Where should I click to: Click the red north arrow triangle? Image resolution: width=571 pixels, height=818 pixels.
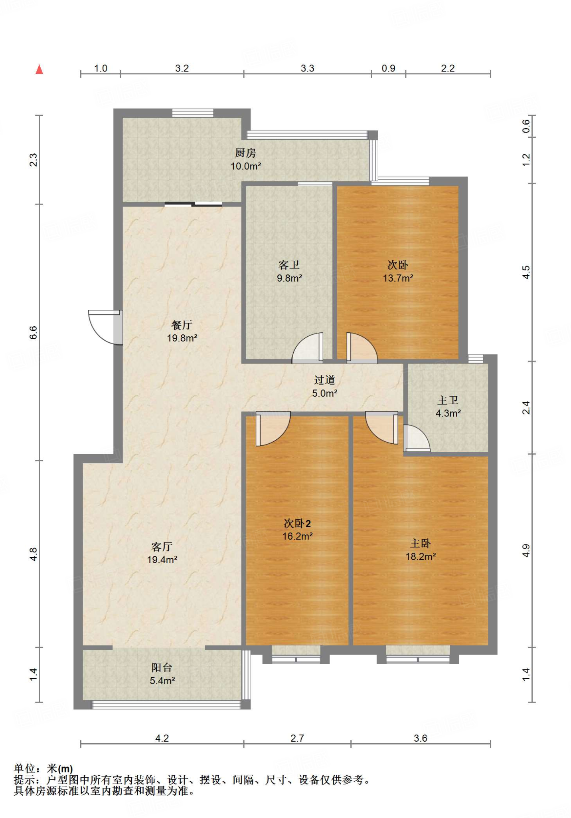point(39,69)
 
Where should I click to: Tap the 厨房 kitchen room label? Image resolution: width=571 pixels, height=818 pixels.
point(245,153)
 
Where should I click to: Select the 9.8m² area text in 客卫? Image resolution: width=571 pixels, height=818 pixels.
point(289,278)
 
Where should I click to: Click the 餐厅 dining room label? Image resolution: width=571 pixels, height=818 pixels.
point(182,325)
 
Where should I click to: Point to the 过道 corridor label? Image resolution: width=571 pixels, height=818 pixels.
point(324,380)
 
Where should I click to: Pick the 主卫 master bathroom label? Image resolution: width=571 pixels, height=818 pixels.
point(448,400)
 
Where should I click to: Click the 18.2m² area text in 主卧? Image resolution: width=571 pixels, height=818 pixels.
point(421,556)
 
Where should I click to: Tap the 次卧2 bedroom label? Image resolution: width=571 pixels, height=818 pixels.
point(297,523)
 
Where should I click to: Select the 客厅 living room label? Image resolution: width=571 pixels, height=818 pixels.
point(162,546)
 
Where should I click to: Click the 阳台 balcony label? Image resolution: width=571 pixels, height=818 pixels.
point(162,667)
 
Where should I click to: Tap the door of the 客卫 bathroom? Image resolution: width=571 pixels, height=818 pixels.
point(308,347)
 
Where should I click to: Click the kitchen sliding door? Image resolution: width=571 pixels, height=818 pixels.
point(194,204)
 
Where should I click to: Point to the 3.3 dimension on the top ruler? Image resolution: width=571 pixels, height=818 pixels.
point(307,68)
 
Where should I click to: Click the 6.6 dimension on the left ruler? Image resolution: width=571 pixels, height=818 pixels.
point(34,332)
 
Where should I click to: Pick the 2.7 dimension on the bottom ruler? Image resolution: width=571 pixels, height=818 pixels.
point(297,738)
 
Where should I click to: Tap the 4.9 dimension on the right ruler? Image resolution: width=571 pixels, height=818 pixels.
point(526,550)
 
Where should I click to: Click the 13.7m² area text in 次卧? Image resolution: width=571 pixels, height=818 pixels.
point(398,278)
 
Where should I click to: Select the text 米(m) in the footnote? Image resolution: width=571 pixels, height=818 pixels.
point(60,768)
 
